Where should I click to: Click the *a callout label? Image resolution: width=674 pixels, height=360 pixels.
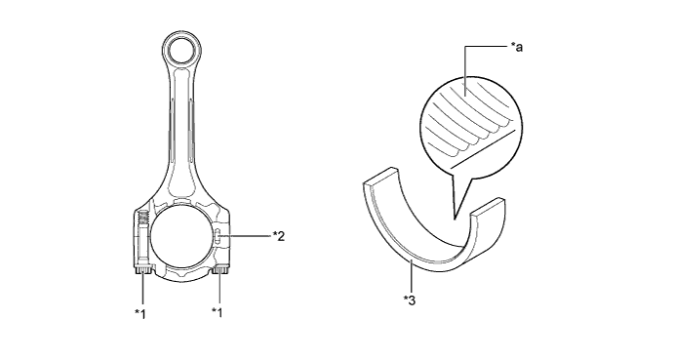[x=516, y=47]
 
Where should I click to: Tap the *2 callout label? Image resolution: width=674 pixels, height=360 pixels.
[x=279, y=236]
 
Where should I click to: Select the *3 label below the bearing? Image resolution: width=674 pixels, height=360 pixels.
[x=410, y=300]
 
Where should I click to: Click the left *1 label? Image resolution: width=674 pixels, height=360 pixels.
[x=140, y=314]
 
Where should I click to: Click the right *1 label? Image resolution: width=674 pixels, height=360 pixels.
[x=218, y=312]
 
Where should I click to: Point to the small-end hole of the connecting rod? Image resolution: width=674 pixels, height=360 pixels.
[x=181, y=53]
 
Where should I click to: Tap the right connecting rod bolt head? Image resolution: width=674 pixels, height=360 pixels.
[x=220, y=270]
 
